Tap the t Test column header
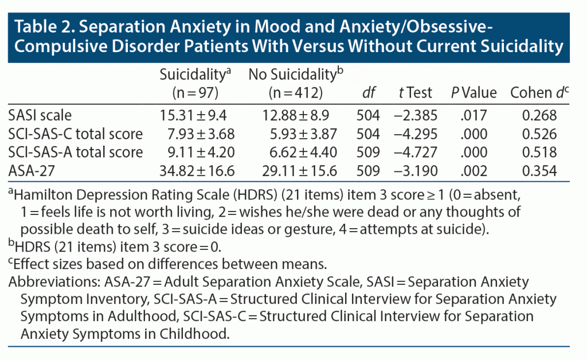416,92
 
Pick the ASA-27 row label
34,170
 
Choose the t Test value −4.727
416,152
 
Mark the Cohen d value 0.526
540,134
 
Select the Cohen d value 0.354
540,170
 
